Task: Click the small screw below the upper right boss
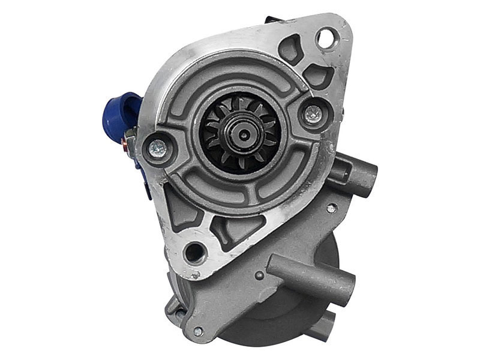click(x=331, y=208)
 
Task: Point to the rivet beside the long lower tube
click(x=259, y=276)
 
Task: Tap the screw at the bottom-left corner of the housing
click(x=197, y=331)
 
